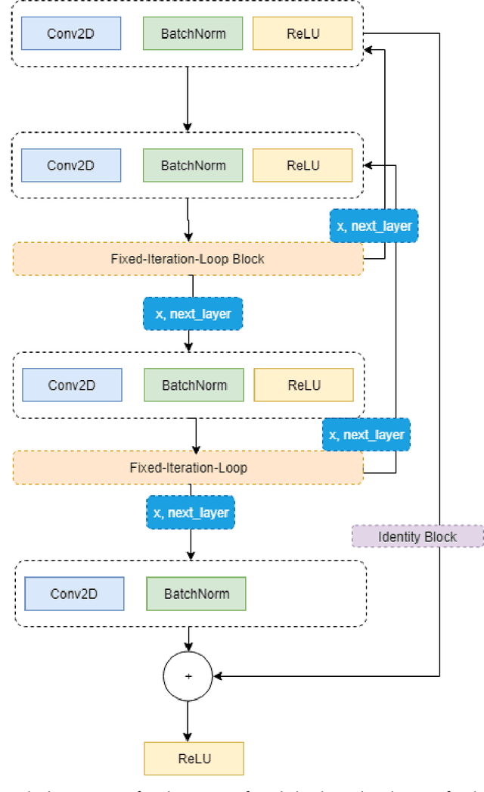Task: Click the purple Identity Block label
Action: (417, 537)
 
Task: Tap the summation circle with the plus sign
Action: (188, 675)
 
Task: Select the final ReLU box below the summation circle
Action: (194, 759)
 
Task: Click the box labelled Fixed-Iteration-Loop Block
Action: (188, 259)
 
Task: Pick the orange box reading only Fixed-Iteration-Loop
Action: (188, 468)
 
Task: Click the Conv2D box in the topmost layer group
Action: (70, 34)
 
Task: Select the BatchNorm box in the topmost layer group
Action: (193, 34)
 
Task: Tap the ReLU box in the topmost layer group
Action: (302, 34)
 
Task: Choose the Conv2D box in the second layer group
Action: (70, 165)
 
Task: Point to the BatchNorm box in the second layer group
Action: (193, 165)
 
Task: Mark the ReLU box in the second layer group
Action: (302, 165)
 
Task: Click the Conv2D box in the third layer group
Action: (72, 385)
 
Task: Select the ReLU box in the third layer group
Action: (303, 385)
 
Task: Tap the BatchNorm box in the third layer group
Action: (194, 385)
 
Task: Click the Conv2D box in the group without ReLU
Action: (74, 594)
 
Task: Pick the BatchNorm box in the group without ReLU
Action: (195, 594)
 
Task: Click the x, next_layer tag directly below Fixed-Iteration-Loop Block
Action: (192, 313)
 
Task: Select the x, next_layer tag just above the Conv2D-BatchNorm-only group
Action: (191, 513)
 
